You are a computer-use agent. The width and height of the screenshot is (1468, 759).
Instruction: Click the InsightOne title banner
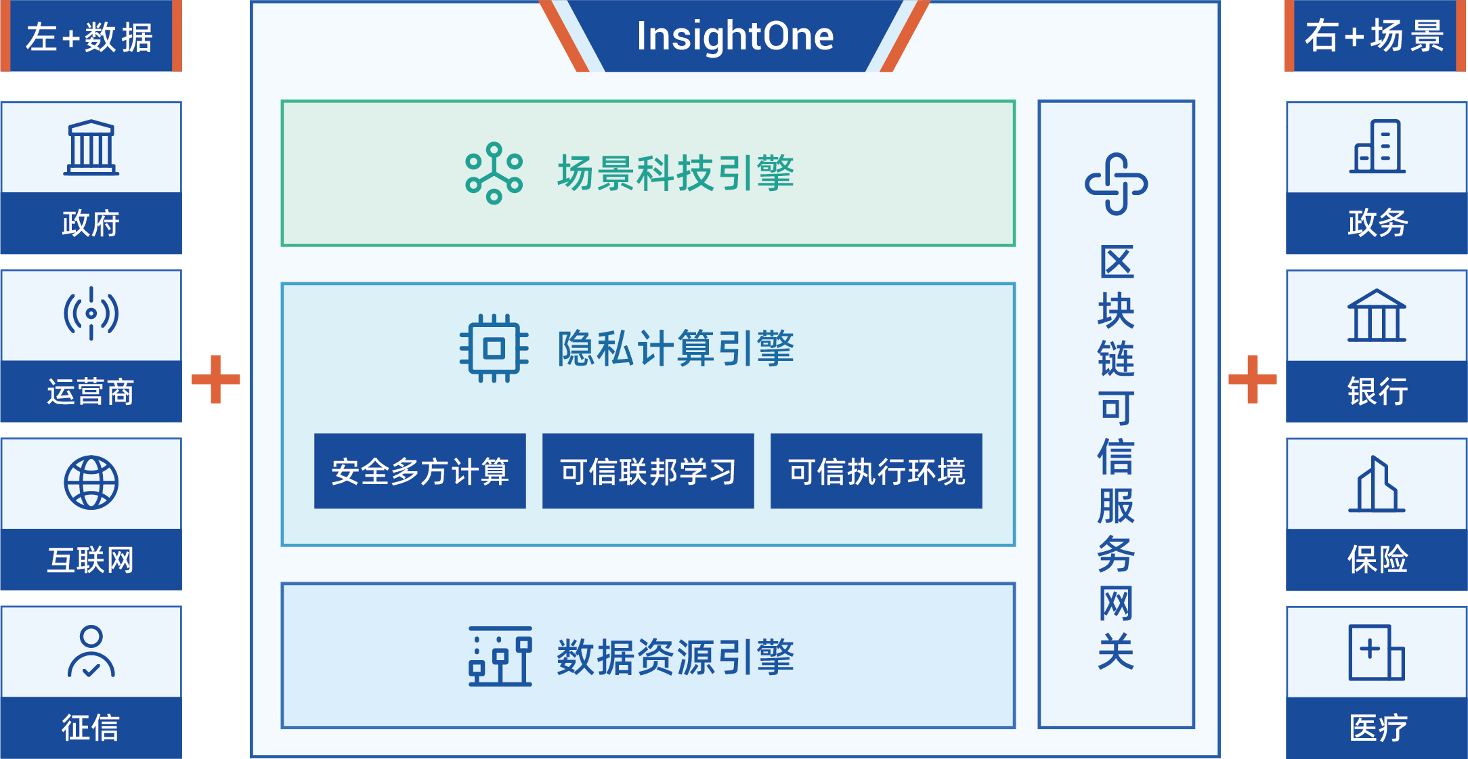click(735, 36)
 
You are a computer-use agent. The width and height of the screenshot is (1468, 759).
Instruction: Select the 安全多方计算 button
click(420, 471)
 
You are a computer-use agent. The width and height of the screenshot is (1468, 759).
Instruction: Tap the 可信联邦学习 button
click(648, 471)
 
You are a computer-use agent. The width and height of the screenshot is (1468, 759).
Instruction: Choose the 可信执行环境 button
click(876, 471)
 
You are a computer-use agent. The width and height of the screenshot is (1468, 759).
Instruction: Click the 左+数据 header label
click(91, 36)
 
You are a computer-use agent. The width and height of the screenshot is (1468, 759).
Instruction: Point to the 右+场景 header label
click(1375, 36)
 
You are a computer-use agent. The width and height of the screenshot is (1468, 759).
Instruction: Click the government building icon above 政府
click(91, 148)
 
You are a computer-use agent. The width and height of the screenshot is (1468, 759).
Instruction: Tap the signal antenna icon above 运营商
click(91, 313)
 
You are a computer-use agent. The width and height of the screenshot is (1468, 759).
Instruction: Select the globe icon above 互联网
click(91, 482)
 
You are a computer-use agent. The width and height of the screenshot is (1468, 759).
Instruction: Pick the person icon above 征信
click(91, 651)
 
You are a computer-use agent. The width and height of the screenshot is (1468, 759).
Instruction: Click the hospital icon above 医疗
click(1377, 652)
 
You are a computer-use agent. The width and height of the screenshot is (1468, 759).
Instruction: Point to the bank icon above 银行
click(1377, 316)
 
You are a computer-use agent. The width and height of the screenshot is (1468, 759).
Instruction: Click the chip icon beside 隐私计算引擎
click(494, 349)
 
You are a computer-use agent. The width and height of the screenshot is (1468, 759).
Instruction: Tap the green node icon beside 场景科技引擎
click(494, 173)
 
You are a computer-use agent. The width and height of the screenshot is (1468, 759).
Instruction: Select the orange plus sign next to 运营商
click(216, 379)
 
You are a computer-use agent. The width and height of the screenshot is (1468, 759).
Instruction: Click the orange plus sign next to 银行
click(1253, 379)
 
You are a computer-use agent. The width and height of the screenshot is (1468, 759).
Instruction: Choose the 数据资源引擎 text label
click(675, 657)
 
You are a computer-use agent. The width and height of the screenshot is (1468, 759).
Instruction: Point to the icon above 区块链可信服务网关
click(1117, 183)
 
